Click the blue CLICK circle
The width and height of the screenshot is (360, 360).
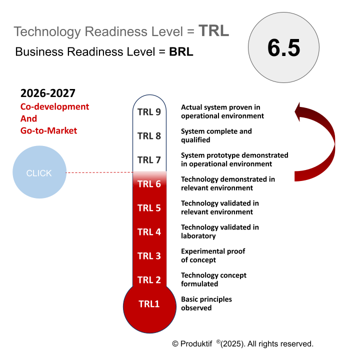click(x=39, y=173)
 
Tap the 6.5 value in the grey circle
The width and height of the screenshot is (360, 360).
click(x=283, y=48)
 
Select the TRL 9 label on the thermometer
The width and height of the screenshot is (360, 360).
click(x=149, y=111)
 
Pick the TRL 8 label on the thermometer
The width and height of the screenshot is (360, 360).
click(x=149, y=135)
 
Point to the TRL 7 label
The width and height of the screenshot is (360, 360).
click(x=149, y=160)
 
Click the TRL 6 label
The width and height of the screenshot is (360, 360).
click(x=149, y=184)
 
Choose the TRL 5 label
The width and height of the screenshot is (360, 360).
click(x=149, y=208)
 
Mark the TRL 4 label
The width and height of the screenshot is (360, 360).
click(x=149, y=232)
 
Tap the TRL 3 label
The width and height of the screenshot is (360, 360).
click(x=149, y=256)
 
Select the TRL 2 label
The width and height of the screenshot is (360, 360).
click(x=149, y=280)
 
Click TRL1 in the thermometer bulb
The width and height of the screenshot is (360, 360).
click(x=149, y=303)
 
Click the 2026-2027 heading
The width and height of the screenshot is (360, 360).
click(x=48, y=93)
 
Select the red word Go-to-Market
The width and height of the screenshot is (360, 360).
click(x=48, y=130)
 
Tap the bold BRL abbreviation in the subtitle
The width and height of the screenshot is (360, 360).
click(x=181, y=51)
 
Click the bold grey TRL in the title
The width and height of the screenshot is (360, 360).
click(x=213, y=31)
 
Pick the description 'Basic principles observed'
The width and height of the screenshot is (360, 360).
click(x=206, y=303)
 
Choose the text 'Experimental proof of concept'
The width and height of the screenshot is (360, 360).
click(x=213, y=255)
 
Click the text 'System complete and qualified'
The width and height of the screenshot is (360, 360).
click(x=216, y=135)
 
